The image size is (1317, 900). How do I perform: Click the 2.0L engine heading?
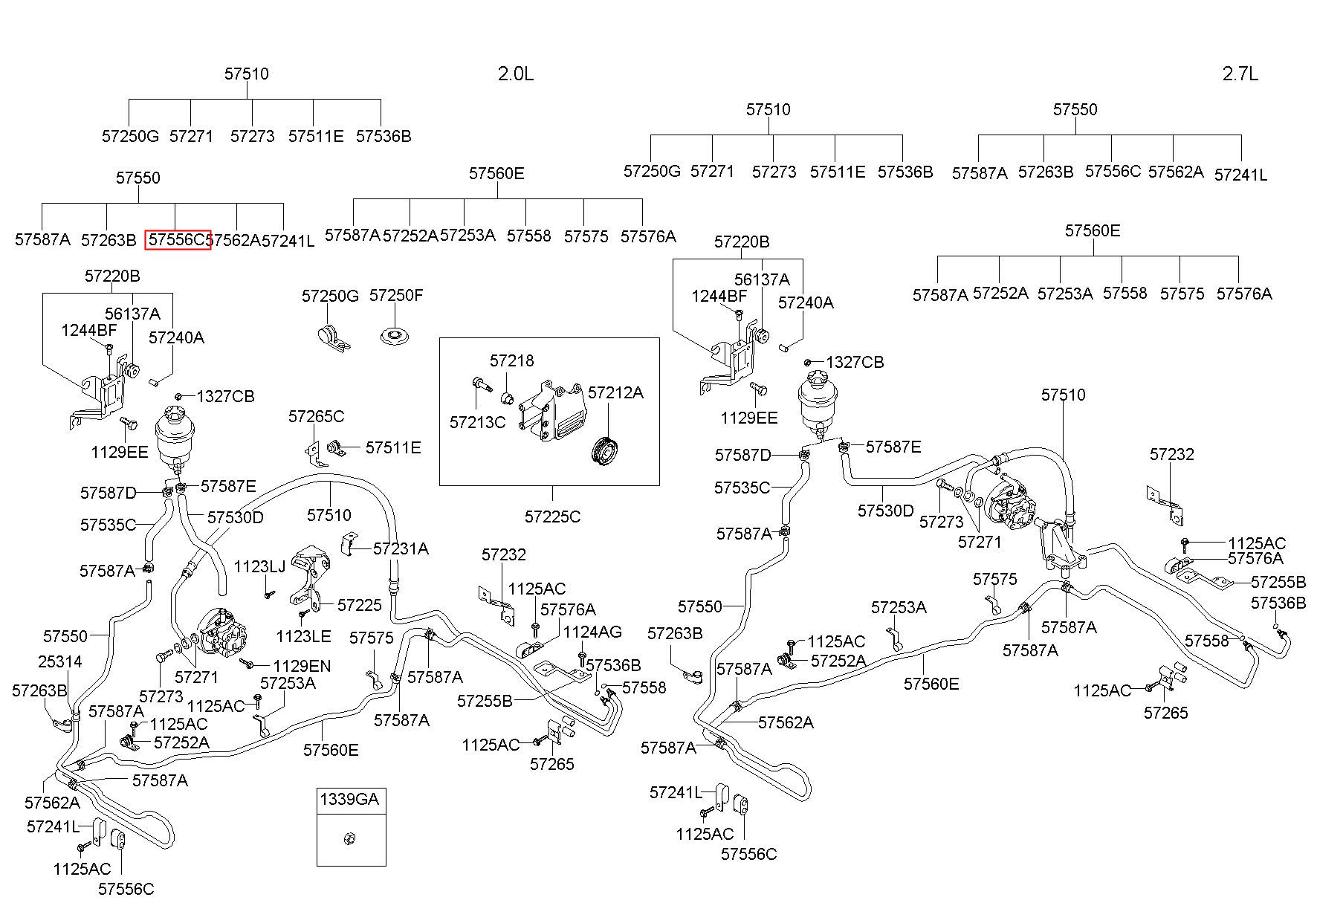pyautogui.click(x=515, y=74)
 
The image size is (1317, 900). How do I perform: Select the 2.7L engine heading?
pyautogui.click(x=1240, y=74)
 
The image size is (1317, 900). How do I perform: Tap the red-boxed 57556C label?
pyautogui.click(x=178, y=239)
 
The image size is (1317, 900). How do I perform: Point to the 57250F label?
pyautogui.click(x=396, y=295)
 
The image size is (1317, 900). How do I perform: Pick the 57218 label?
pyautogui.click(x=511, y=360)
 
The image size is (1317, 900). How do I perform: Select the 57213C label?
pyautogui.click(x=477, y=422)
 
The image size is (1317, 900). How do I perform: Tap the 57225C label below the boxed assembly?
pyautogui.click(x=552, y=516)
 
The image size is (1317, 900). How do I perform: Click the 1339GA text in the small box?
pyautogui.click(x=349, y=800)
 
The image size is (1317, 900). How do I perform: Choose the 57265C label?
pyautogui.click(x=317, y=416)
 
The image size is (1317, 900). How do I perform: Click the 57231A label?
pyautogui.click(x=401, y=548)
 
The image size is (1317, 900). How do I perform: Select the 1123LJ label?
pyautogui.click(x=259, y=567)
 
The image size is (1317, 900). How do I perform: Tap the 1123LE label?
pyautogui.click(x=303, y=636)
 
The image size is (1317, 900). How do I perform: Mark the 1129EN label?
pyautogui.click(x=302, y=666)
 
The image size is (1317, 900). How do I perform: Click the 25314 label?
pyautogui.click(x=60, y=661)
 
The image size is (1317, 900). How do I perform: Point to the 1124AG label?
pyautogui.click(x=592, y=632)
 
